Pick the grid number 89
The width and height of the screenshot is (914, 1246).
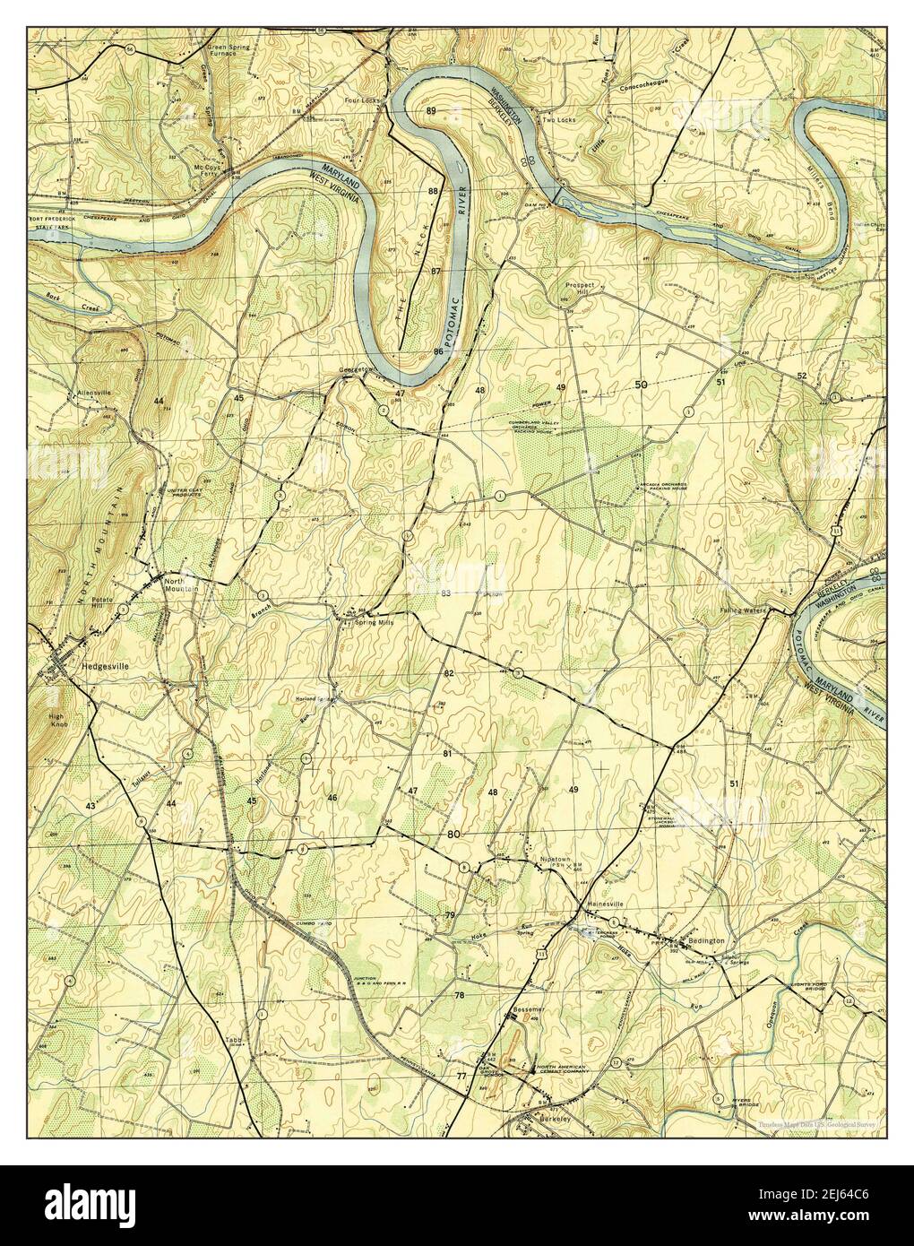pos(432,110)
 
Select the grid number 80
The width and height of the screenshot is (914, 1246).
pos(454,835)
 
